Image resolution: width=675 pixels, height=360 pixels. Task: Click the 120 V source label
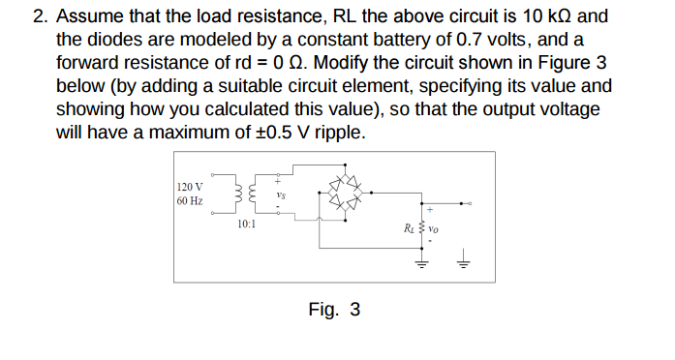pyautogui.click(x=191, y=186)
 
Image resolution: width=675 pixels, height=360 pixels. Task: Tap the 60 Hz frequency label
pyautogui.click(x=191, y=201)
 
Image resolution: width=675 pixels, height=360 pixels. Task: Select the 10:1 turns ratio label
pyautogui.click(x=247, y=225)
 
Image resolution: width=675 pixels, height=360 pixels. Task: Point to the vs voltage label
pyautogui.click(x=280, y=195)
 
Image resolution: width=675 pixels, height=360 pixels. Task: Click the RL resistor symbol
pyautogui.click(x=422, y=230)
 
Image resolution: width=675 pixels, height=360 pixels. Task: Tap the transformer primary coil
pyautogui.click(x=234, y=194)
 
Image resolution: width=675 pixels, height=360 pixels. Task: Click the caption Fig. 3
pyautogui.click(x=334, y=310)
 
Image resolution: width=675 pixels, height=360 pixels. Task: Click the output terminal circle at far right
pyautogui.click(x=470, y=204)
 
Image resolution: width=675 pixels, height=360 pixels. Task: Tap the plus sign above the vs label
pyautogui.click(x=278, y=181)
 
